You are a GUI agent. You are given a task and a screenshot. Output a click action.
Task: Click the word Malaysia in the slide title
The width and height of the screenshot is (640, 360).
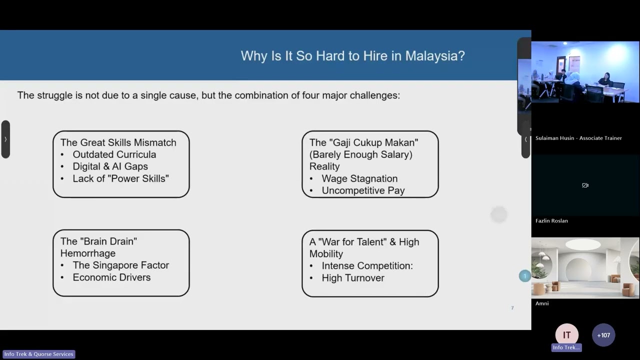(434, 55)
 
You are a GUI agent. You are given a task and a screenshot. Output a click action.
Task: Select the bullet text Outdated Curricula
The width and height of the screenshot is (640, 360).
(114, 154)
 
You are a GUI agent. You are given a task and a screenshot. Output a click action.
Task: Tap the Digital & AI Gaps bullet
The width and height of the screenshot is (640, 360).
(110, 166)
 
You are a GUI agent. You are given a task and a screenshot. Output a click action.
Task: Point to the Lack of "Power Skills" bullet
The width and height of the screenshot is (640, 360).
(120, 178)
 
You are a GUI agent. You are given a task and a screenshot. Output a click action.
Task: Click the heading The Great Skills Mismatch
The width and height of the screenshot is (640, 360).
(118, 142)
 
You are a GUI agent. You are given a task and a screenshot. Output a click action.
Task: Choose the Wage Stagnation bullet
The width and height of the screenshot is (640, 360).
(359, 178)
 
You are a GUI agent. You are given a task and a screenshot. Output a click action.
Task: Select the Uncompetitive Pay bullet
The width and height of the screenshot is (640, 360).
(363, 190)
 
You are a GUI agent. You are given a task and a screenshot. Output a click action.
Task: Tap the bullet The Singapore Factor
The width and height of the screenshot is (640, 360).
(120, 265)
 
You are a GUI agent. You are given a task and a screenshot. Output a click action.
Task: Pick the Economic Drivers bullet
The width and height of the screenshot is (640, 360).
(111, 277)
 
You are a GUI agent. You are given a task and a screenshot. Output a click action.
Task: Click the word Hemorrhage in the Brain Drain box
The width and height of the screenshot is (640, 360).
(88, 253)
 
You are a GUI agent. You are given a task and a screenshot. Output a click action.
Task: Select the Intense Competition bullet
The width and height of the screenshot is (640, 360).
(367, 266)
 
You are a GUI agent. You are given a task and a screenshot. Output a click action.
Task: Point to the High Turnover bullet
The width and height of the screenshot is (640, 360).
(353, 278)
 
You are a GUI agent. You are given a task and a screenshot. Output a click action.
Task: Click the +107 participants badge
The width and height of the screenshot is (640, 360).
(603, 335)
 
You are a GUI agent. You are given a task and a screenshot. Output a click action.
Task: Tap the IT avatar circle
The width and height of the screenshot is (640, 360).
(566, 335)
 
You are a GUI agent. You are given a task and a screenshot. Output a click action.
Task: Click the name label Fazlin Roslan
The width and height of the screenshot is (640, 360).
(551, 220)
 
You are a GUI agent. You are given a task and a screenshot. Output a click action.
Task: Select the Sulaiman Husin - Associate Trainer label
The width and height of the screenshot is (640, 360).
(578, 138)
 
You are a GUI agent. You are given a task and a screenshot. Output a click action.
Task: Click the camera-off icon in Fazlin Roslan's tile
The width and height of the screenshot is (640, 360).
(585, 185)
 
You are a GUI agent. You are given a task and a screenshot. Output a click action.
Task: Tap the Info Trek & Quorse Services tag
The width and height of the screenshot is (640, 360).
(39, 354)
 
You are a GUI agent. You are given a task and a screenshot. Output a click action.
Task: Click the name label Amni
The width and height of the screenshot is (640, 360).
(542, 303)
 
